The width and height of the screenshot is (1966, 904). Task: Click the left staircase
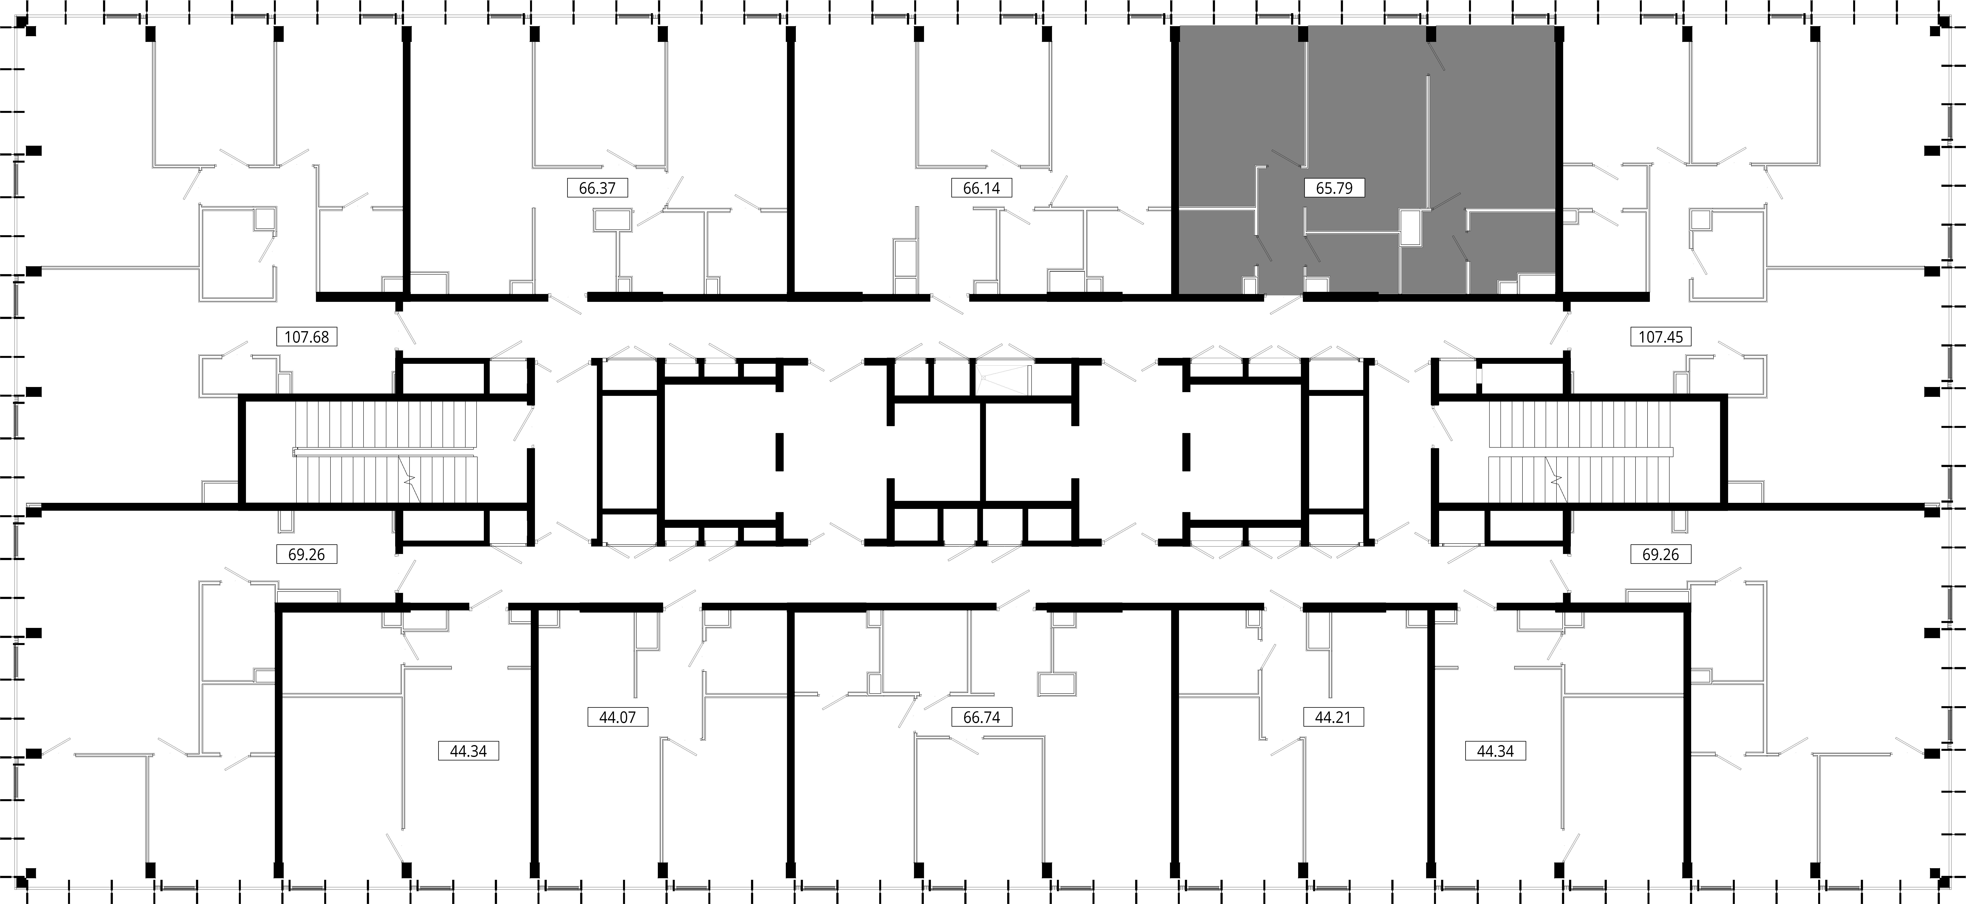click(x=385, y=452)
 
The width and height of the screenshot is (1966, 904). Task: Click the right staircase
click(x=1580, y=452)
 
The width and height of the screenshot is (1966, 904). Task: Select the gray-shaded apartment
click(x=1366, y=160)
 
